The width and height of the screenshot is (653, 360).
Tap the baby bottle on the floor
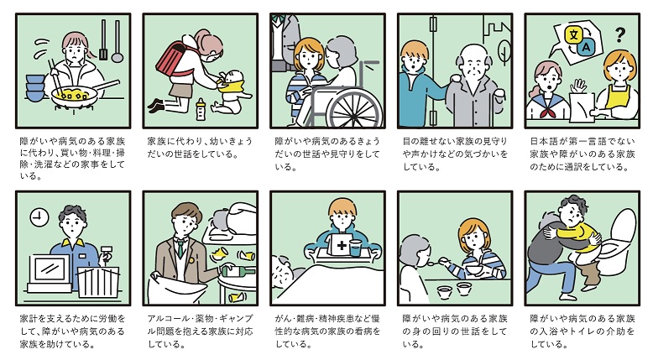tap(201, 109)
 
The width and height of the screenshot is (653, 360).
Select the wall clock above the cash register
tap(39, 217)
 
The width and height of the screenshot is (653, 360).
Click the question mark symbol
tap(619, 35)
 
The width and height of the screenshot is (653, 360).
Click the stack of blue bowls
tap(35, 88)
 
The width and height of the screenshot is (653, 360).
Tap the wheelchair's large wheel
tap(354, 109)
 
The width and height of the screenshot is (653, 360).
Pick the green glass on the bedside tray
tap(355, 248)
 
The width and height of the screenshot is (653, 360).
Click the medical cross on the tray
tap(342, 245)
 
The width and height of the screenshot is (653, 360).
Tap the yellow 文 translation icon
tap(573, 34)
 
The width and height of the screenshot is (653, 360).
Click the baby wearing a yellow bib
tap(230, 92)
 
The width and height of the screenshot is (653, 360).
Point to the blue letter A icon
tap(586, 47)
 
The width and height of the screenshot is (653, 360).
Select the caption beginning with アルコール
tap(201, 331)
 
